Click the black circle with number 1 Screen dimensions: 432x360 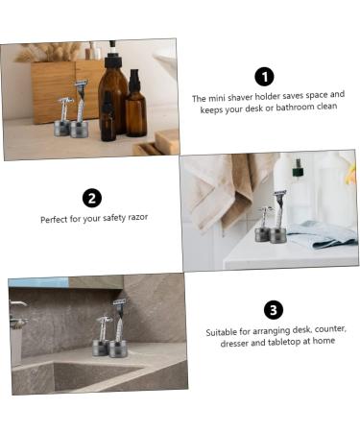pyautogui.click(x=264, y=77)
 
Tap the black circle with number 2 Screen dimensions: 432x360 pyautogui.click(x=92, y=199)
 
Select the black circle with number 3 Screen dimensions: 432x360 pyautogui.click(x=274, y=309)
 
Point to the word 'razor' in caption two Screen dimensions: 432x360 pyautogui.click(x=136, y=219)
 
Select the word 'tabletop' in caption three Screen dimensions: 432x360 pyautogui.click(x=280, y=342)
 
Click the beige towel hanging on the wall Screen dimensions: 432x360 pyautogui.click(x=215, y=187)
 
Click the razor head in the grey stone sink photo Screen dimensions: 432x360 pyautogui.click(x=120, y=303)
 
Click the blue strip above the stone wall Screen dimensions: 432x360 pyautogui.click(x=38, y=282)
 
